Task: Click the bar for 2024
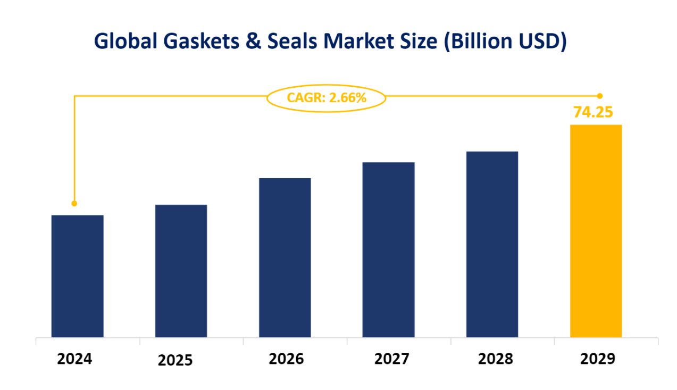77,276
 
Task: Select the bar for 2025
181,271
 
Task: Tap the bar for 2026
285,258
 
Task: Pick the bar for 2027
388,250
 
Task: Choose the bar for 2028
492,244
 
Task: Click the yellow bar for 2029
596,231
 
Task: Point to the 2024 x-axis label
74,359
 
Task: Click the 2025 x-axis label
175,361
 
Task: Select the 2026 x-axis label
286,359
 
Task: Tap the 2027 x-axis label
391,359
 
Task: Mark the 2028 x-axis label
495,359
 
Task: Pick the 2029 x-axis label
597,359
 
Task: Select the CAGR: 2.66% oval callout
326,97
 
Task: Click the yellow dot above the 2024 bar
74,203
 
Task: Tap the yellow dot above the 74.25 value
599,96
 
